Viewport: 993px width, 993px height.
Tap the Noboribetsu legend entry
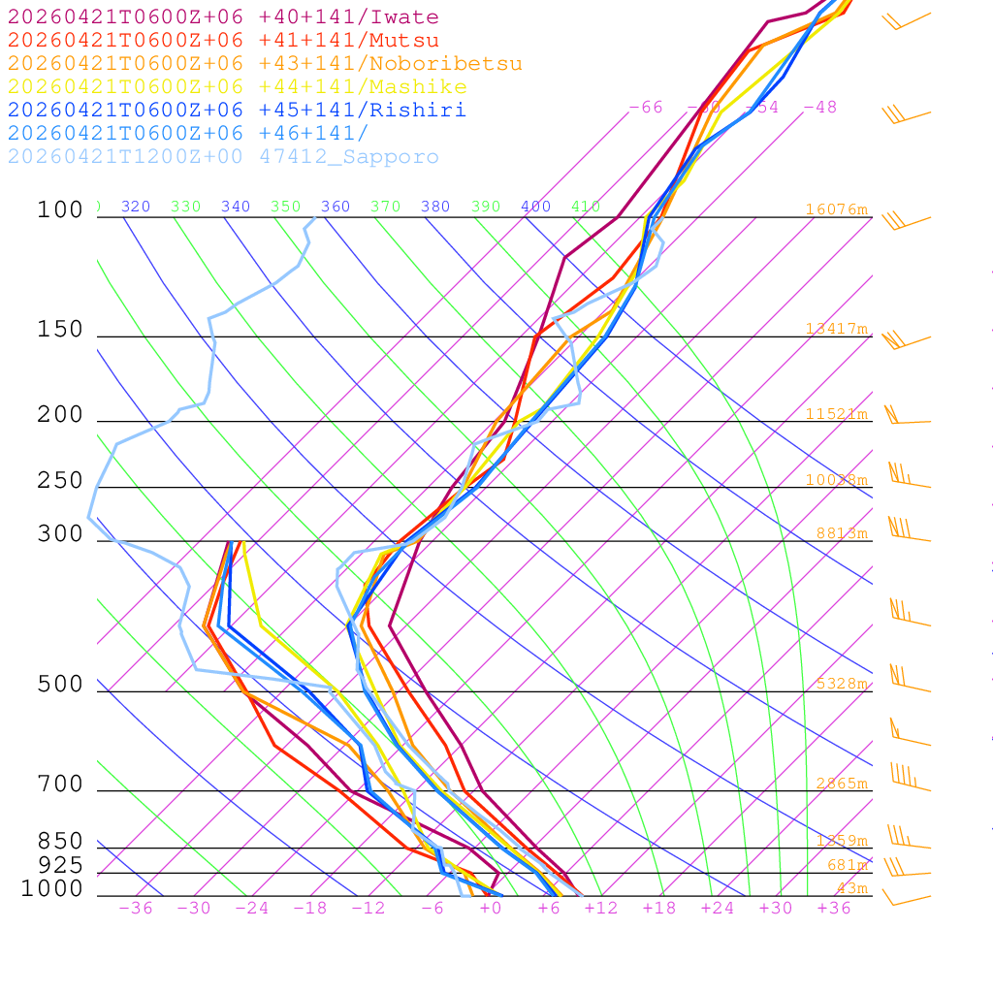click(x=264, y=64)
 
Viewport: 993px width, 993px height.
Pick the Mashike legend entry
click(x=237, y=87)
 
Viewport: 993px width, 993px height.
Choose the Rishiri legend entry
click(x=237, y=111)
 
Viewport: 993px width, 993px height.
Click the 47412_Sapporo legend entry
click(x=223, y=157)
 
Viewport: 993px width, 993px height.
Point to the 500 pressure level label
click(x=60, y=685)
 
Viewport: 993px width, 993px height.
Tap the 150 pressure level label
click(x=60, y=330)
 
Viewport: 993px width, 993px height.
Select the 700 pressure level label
click(x=60, y=784)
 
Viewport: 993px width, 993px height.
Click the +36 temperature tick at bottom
click(x=834, y=908)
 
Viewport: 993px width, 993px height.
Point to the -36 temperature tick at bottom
click(x=136, y=908)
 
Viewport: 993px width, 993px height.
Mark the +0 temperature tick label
click(x=491, y=908)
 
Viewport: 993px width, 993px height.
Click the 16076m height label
click(x=837, y=209)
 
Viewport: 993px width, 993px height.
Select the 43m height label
click(x=852, y=888)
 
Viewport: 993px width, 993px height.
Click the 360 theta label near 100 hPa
click(x=336, y=207)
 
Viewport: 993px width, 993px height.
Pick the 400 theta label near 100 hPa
click(x=536, y=207)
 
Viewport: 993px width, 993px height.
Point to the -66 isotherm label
click(x=646, y=107)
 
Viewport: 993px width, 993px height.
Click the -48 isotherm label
click(x=820, y=107)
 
